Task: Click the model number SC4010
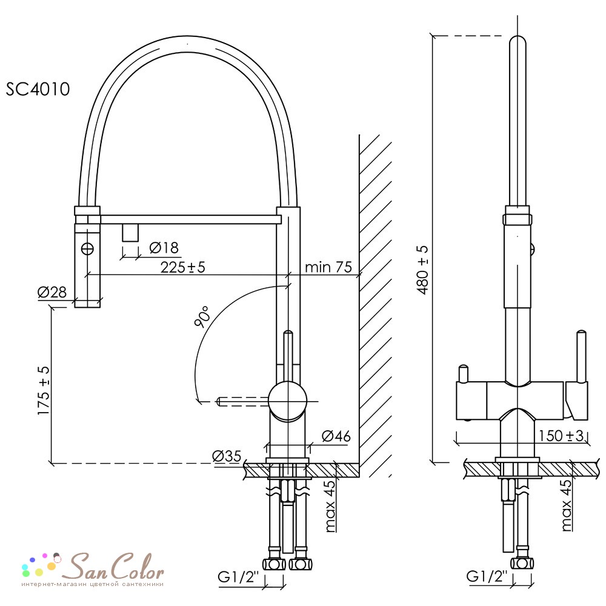[x=38, y=89]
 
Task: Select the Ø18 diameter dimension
[x=164, y=248]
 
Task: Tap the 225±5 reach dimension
[x=182, y=267]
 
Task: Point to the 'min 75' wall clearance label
[x=328, y=267]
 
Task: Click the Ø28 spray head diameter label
[x=52, y=292]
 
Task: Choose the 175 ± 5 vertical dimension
[x=44, y=390]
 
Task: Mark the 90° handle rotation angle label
[x=202, y=316]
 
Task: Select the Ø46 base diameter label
[x=336, y=436]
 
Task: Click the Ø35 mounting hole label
[x=227, y=456]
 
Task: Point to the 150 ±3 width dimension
[x=561, y=436]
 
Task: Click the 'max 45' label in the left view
[x=330, y=506]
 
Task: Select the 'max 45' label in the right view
[x=566, y=505]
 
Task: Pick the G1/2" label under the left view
[x=238, y=577]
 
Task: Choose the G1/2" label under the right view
[x=487, y=576]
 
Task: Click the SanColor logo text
[x=113, y=567]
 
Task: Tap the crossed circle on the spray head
[x=88, y=249]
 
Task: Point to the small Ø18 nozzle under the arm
[x=130, y=233]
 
